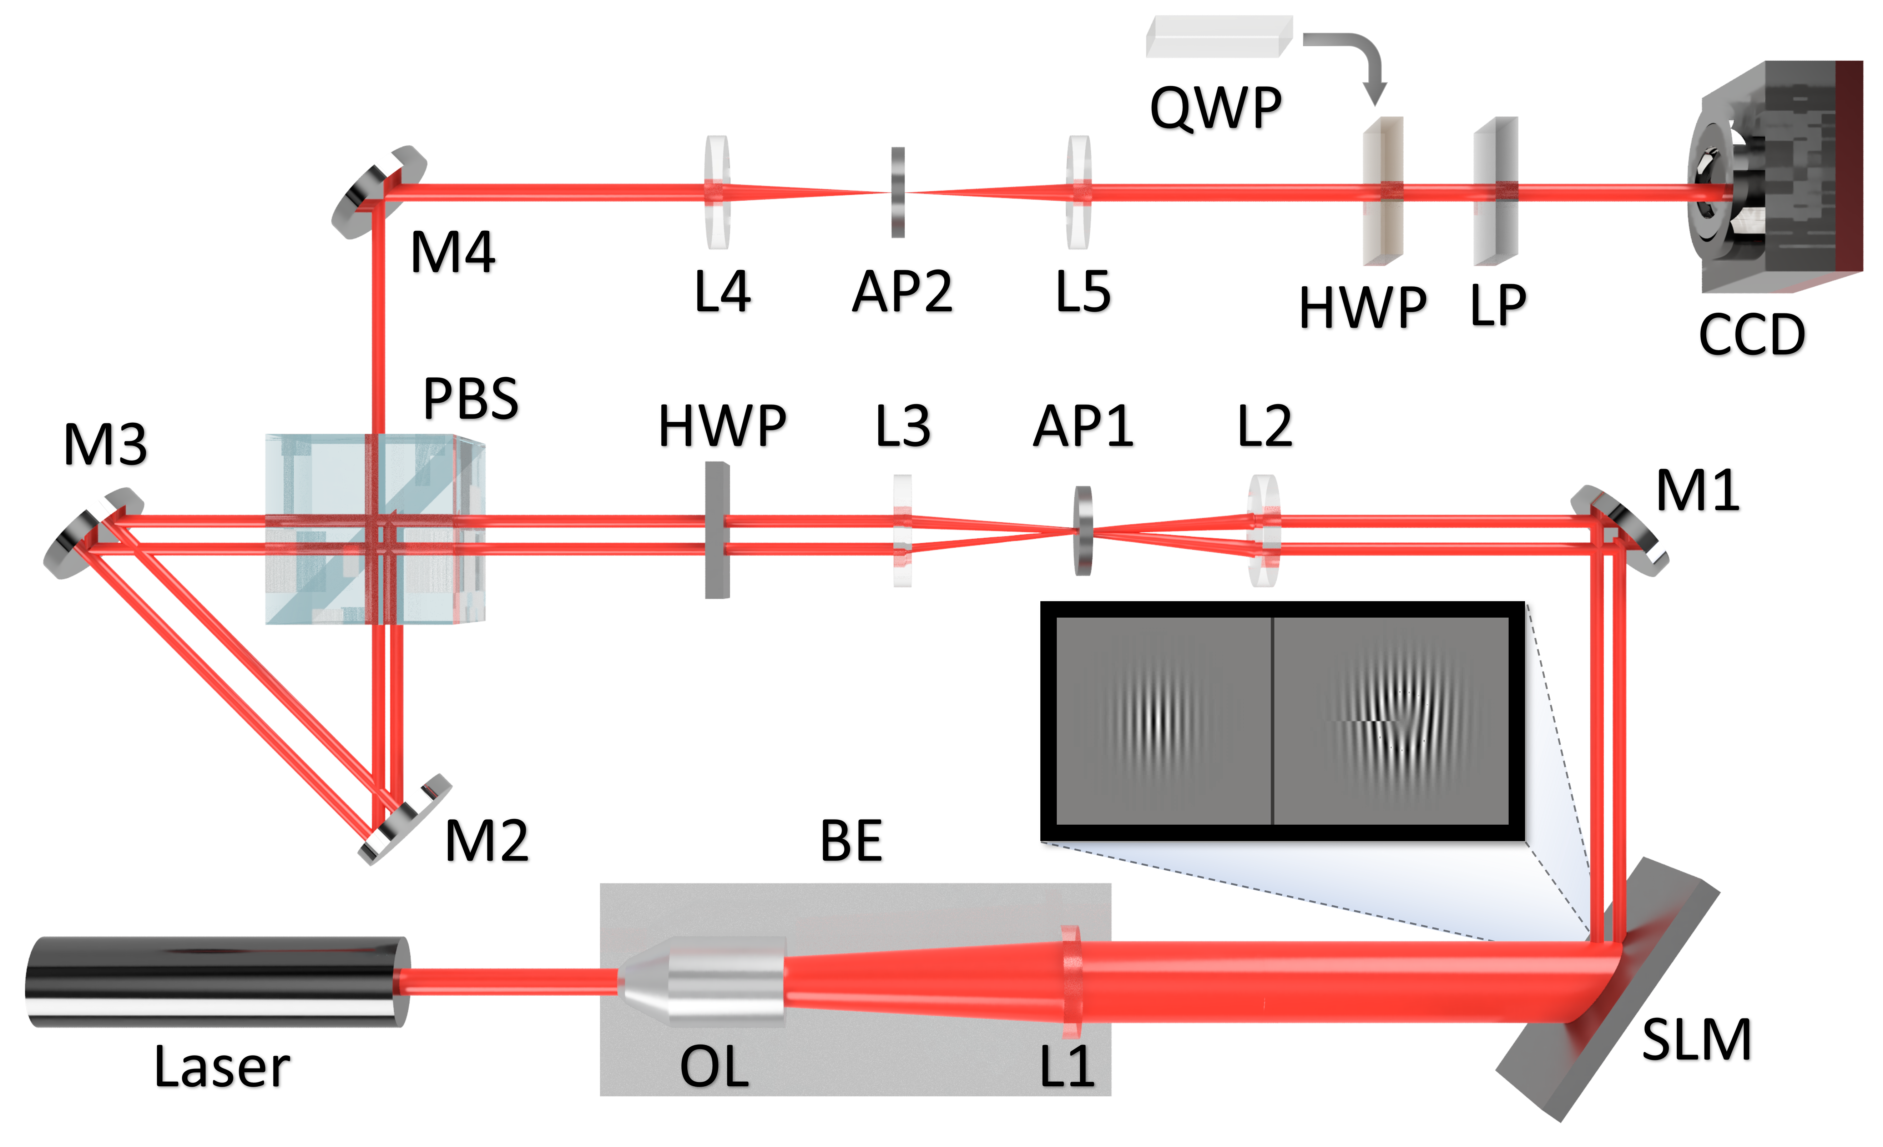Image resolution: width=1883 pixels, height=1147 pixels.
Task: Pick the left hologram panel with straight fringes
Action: click(1163, 721)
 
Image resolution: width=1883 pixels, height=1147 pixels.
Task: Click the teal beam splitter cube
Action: click(367, 529)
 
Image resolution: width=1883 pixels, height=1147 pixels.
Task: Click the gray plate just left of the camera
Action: click(1495, 191)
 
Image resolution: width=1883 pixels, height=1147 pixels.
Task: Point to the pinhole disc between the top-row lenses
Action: click(898, 192)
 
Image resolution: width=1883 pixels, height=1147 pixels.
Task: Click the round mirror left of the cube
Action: click(93, 533)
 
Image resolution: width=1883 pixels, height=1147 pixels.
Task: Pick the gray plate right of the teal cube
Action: click(717, 529)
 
